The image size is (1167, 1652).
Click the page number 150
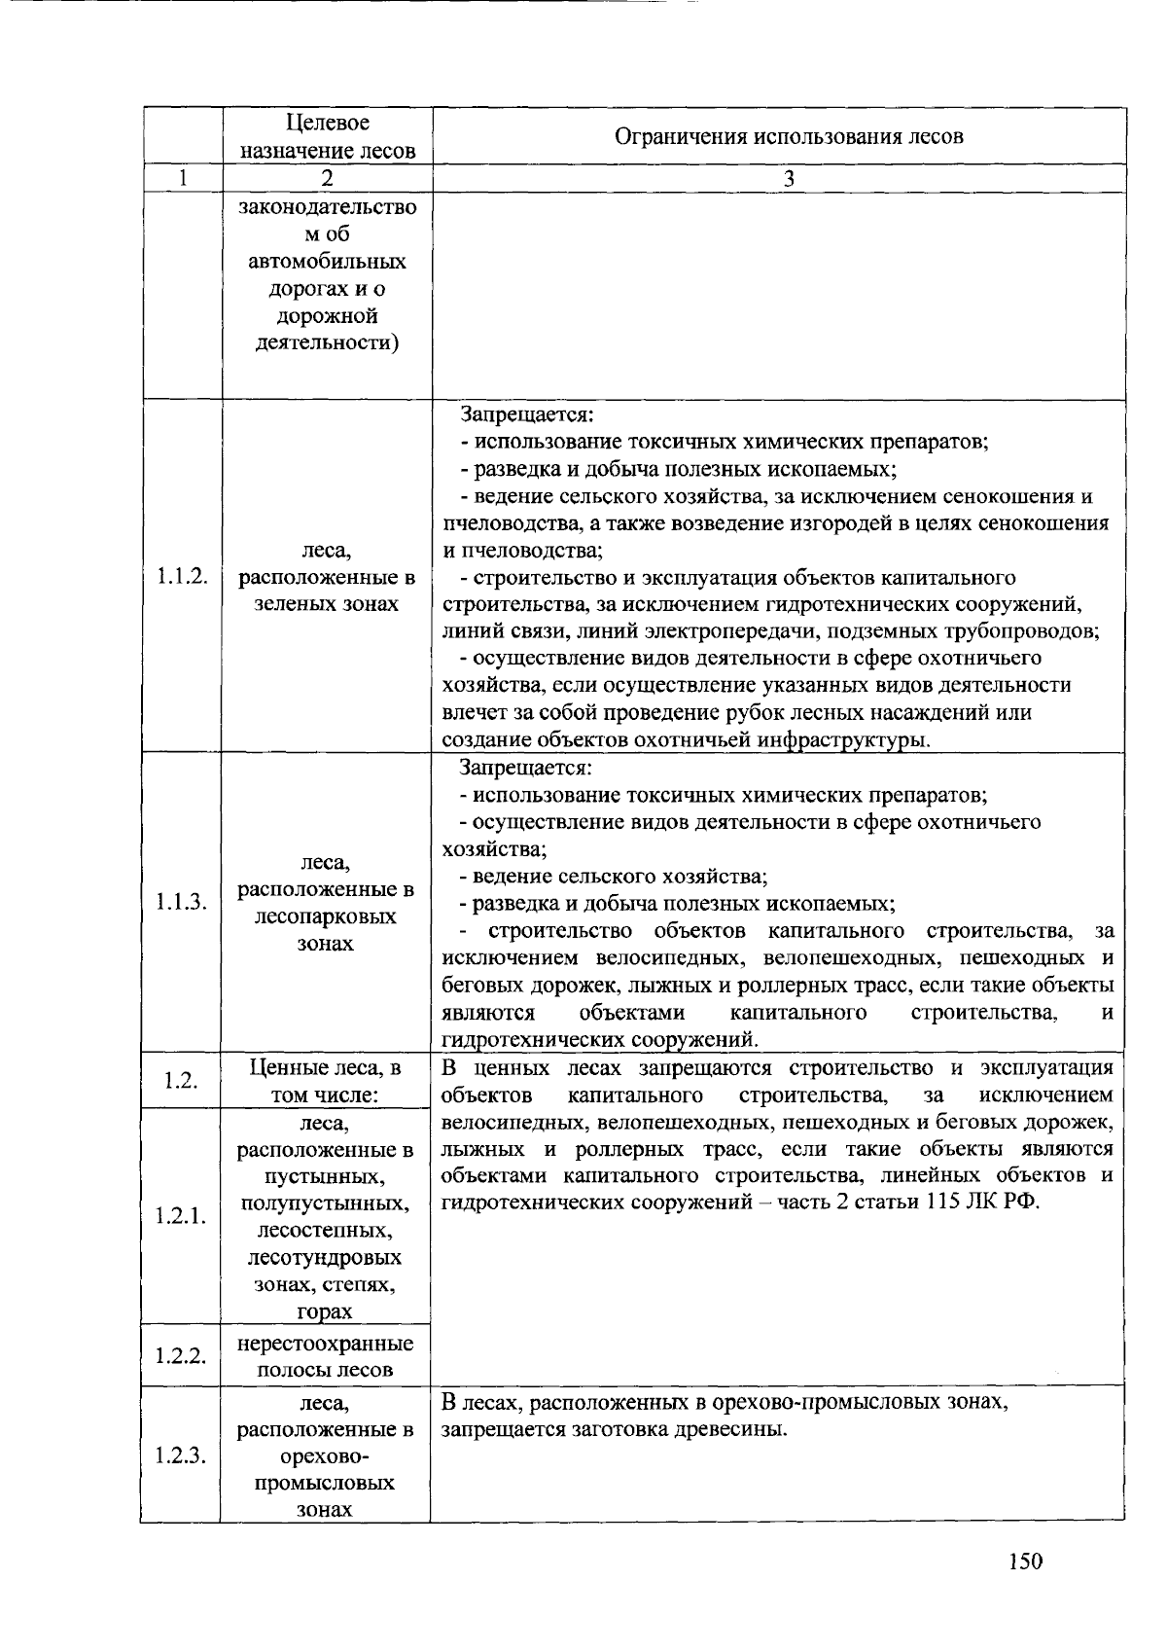tap(1025, 1562)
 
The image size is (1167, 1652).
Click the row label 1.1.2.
tap(182, 577)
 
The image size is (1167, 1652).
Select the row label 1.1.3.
tap(182, 902)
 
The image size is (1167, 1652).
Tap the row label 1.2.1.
tap(181, 1217)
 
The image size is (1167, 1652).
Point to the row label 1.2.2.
tap(181, 1355)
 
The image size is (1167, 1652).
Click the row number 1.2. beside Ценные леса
tap(181, 1081)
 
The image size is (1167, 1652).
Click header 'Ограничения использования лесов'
tap(789, 136)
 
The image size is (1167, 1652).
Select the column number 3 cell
tap(789, 179)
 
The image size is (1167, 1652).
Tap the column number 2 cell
tap(327, 179)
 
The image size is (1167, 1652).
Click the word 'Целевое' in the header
tap(328, 123)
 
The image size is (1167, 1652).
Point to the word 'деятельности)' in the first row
tap(327, 343)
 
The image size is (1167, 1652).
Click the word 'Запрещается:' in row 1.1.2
tap(526, 414)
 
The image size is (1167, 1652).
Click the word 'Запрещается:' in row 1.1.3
tap(526, 768)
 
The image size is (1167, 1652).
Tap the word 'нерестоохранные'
tap(326, 1344)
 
